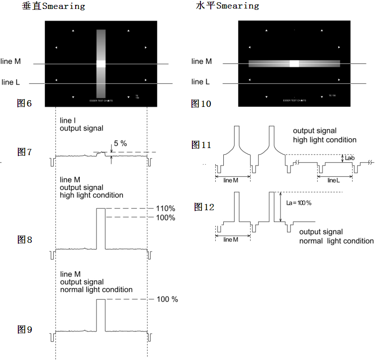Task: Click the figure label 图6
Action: [x=24, y=103]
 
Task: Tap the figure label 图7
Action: [x=24, y=152]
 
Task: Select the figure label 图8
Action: [x=24, y=240]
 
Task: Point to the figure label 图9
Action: [x=24, y=330]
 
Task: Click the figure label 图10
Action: [x=201, y=104]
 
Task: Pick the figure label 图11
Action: [x=201, y=144]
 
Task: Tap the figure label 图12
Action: [x=204, y=207]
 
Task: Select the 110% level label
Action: [x=166, y=209]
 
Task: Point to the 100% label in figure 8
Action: [x=166, y=218]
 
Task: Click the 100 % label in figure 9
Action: [x=167, y=299]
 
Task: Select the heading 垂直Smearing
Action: [x=53, y=6]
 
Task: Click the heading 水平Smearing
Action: [x=227, y=6]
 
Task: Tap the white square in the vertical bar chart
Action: [x=101, y=64]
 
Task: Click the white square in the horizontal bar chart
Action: [x=294, y=64]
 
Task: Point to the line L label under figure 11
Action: [x=334, y=180]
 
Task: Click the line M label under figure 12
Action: [x=231, y=240]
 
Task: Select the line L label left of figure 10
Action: [x=200, y=82]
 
